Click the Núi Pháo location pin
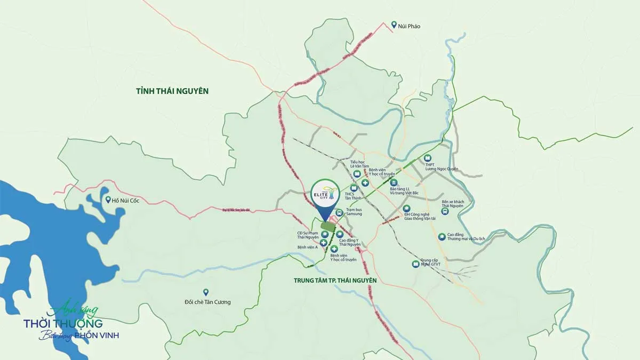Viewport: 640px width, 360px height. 394,25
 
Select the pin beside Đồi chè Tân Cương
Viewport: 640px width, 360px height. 206,292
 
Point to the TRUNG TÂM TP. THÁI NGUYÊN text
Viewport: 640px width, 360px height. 335,280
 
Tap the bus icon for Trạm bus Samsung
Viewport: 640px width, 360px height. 339,212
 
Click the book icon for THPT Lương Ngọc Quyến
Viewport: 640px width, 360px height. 427,158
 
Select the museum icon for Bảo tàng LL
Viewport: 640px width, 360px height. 394,182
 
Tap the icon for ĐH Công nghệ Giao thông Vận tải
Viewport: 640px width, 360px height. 406,208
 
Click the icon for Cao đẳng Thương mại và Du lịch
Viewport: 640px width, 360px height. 442,237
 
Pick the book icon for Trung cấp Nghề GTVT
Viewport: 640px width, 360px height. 415,264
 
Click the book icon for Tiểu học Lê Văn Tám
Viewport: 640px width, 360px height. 356,173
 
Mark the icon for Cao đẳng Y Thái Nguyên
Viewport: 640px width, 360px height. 340,234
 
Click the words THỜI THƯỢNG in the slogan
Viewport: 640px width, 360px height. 63,323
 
